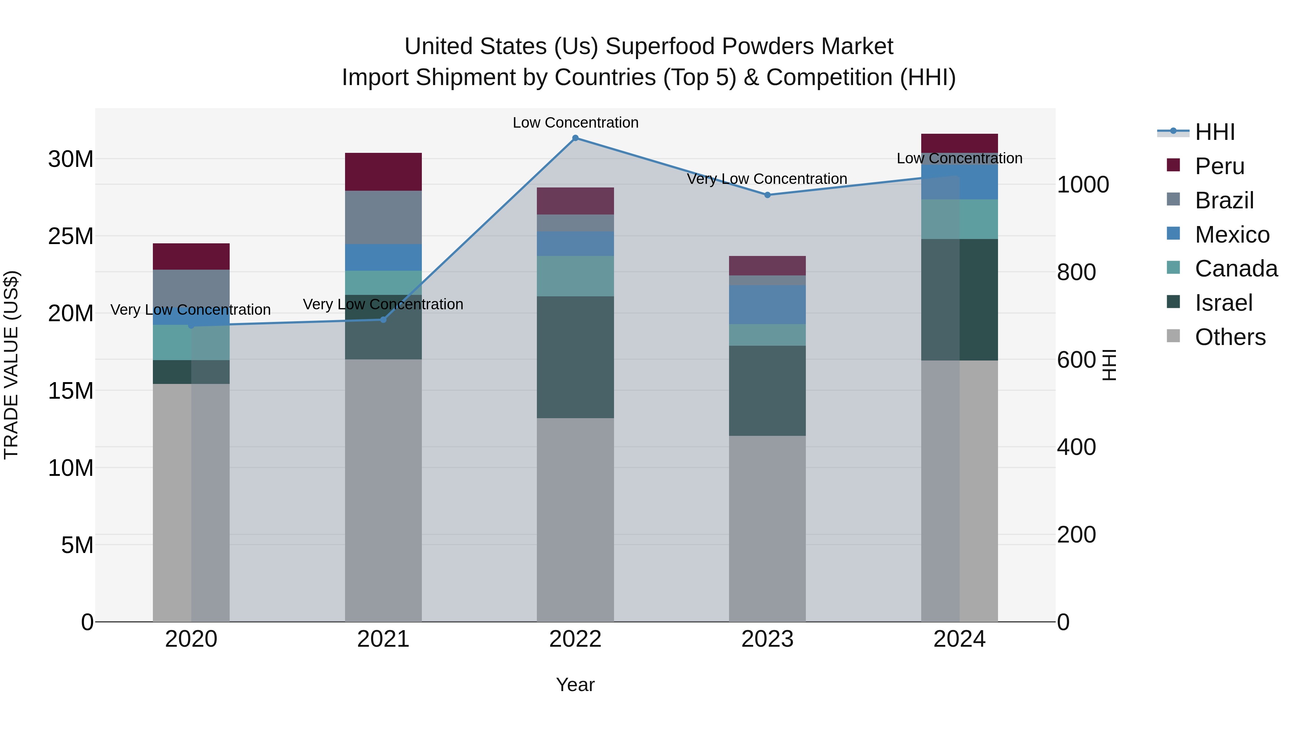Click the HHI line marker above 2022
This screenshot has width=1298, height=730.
pos(575,138)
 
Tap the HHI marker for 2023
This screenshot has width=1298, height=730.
pos(767,195)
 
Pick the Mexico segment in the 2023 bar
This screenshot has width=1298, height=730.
pos(767,304)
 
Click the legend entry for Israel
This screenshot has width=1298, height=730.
pos(1223,303)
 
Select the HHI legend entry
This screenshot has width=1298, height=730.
pos(1214,132)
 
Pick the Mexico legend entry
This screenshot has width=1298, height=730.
pos(1232,235)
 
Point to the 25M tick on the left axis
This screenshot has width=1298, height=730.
pos(71,236)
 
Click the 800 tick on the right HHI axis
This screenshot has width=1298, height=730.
pos(1076,272)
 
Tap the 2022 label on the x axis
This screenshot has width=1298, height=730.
pos(575,639)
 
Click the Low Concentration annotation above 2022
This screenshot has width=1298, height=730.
pos(575,123)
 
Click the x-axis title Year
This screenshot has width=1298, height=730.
pos(575,685)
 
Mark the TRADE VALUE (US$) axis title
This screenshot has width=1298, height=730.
pos(11,365)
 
